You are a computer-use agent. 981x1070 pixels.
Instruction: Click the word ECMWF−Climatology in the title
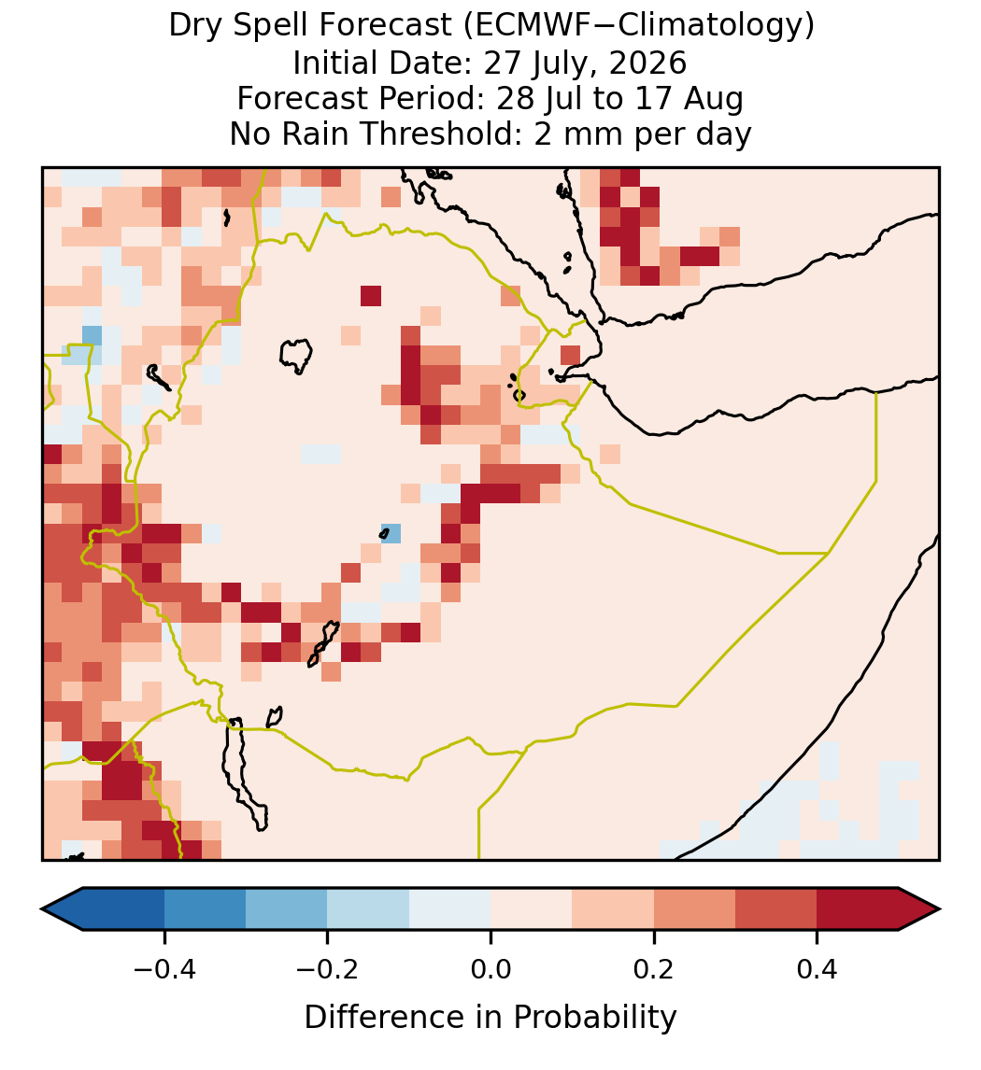click(639, 26)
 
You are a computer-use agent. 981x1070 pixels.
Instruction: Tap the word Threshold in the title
click(453, 134)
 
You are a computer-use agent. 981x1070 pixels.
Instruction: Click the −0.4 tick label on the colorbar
click(164, 968)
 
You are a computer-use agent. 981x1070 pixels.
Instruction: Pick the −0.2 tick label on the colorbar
click(327, 968)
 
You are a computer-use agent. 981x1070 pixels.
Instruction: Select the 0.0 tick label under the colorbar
click(490, 968)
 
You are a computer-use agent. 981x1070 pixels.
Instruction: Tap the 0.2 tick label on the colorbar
click(654, 968)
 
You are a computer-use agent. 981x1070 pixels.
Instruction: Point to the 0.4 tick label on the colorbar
click(817, 968)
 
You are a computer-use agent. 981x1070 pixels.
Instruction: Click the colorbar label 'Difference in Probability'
click(490, 1018)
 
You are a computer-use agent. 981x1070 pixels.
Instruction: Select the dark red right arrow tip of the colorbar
click(939, 909)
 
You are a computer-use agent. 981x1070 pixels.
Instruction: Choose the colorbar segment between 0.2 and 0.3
click(695, 909)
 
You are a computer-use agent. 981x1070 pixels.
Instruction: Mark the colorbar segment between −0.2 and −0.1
click(368, 909)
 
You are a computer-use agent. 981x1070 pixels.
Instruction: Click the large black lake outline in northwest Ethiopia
click(295, 356)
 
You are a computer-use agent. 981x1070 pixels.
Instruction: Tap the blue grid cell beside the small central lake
click(391, 533)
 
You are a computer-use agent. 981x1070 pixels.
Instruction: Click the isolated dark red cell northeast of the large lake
click(371, 296)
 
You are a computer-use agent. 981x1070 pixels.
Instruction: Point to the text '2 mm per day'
click(643, 134)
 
